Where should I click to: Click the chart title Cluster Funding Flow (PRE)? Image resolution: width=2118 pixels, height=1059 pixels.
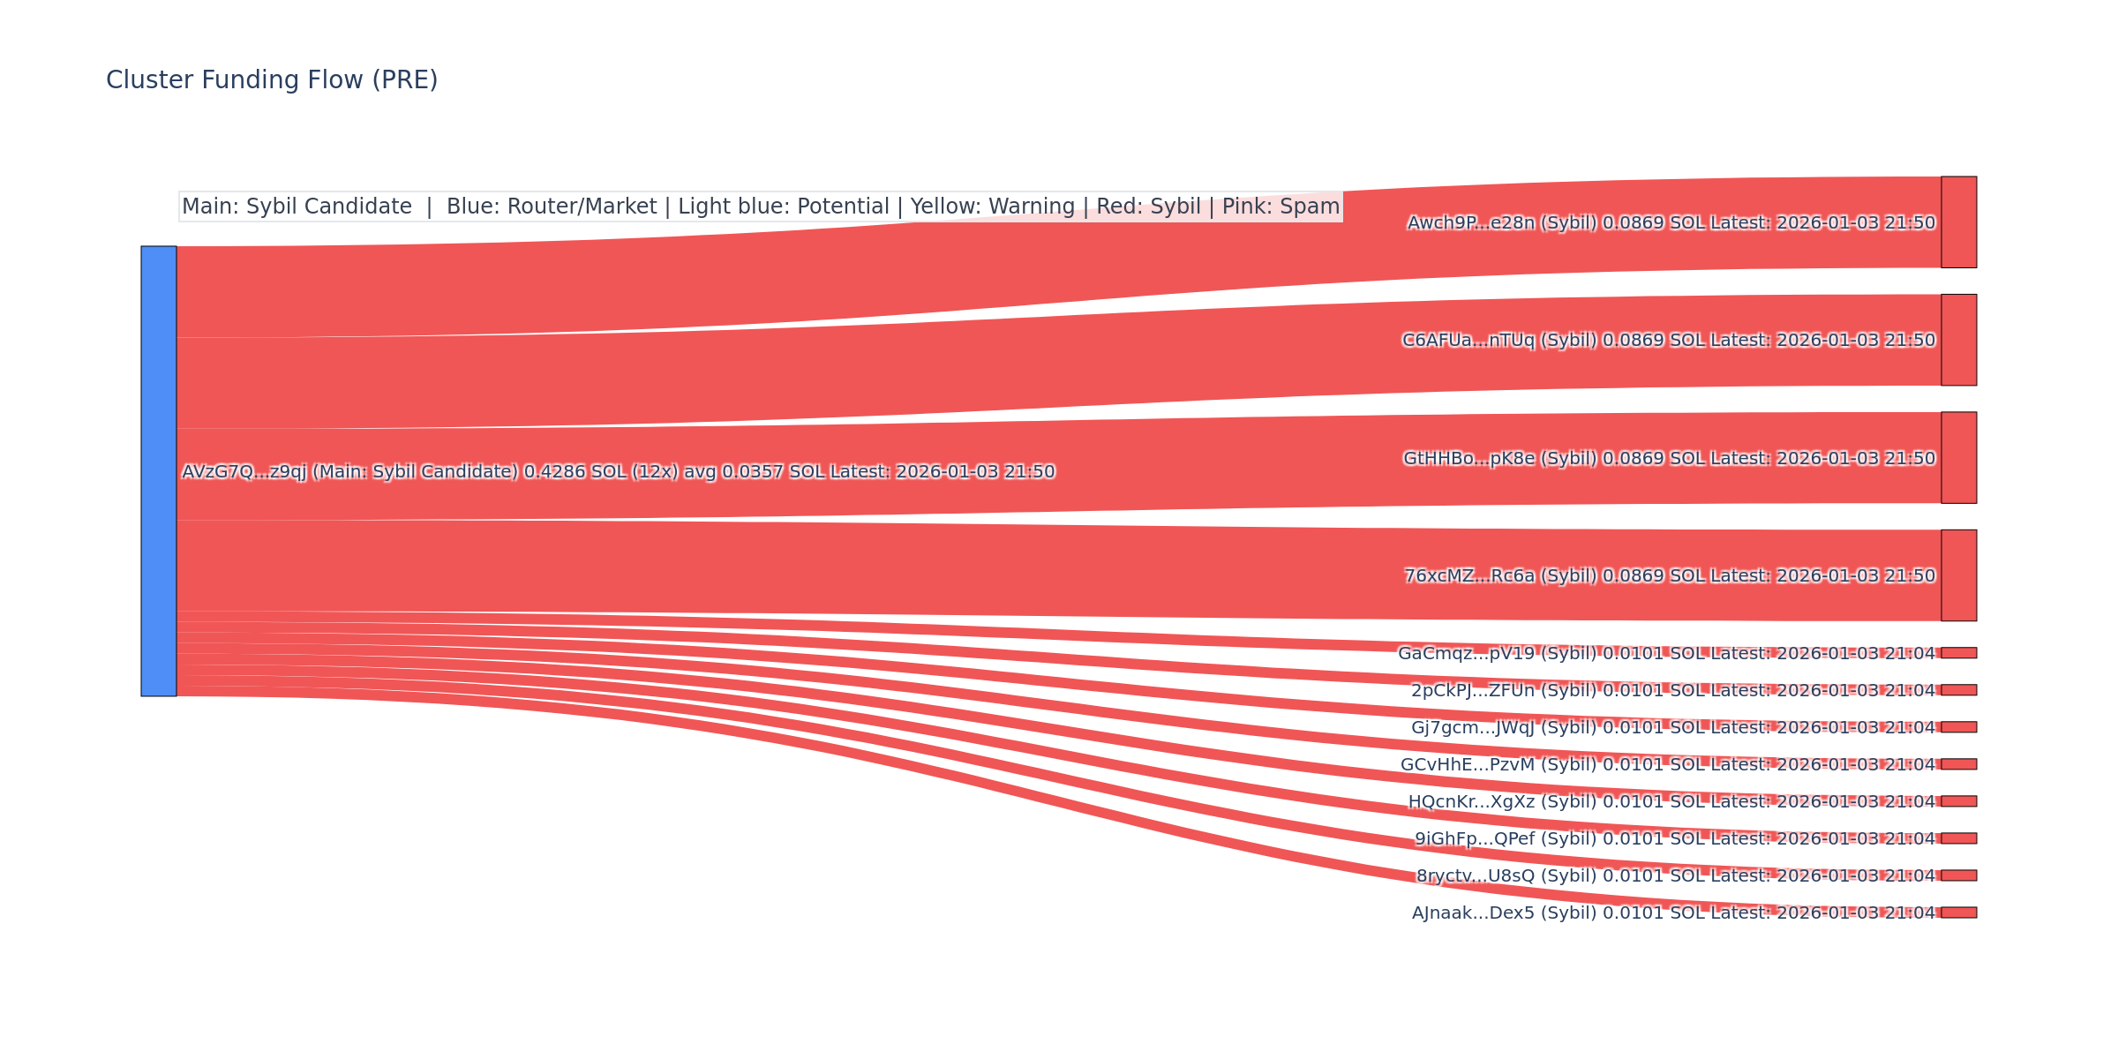(272, 80)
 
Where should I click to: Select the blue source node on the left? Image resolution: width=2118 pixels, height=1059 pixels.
(159, 471)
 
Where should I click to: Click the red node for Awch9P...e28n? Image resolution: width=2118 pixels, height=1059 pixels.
(1958, 222)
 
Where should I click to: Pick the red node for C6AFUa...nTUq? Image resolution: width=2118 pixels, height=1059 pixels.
(1958, 340)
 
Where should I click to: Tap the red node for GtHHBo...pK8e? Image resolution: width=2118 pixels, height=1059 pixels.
(1958, 458)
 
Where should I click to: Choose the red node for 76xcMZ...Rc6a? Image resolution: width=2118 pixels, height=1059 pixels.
(1958, 575)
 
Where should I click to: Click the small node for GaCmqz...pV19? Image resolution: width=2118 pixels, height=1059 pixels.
(1958, 653)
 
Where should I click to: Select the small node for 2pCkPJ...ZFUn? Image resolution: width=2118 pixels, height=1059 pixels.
(1958, 690)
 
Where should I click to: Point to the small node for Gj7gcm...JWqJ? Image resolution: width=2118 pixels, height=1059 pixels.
(1958, 727)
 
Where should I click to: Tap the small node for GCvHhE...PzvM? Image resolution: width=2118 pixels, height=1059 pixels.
(1958, 764)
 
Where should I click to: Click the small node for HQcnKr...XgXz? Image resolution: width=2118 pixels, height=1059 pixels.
(1958, 801)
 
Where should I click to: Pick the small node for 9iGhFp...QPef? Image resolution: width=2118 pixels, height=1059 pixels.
(1958, 838)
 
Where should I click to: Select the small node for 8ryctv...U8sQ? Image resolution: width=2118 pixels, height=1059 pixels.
(1958, 875)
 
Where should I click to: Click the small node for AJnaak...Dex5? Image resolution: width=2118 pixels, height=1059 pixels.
(1958, 913)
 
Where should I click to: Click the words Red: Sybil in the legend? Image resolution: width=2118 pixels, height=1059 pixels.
(1148, 207)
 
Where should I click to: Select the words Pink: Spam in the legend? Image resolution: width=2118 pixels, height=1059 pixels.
(1281, 207)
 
